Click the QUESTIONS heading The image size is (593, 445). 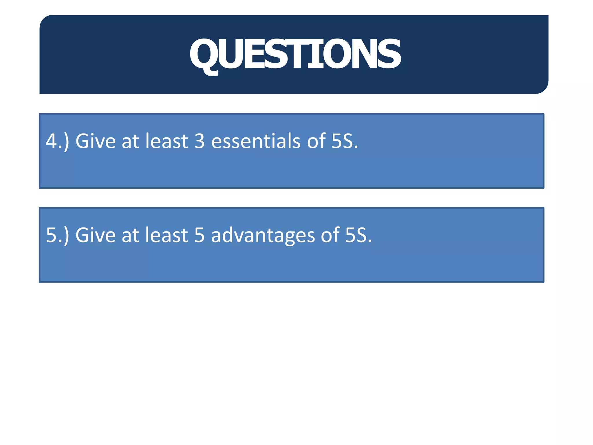295,54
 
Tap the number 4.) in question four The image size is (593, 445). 57,141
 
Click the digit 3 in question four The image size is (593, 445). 200,141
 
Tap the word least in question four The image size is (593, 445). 167,141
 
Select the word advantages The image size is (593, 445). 263,235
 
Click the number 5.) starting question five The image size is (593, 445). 57,235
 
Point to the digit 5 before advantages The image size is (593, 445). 200,235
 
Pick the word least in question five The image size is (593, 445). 167,235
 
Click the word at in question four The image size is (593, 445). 130,141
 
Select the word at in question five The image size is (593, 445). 130,235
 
